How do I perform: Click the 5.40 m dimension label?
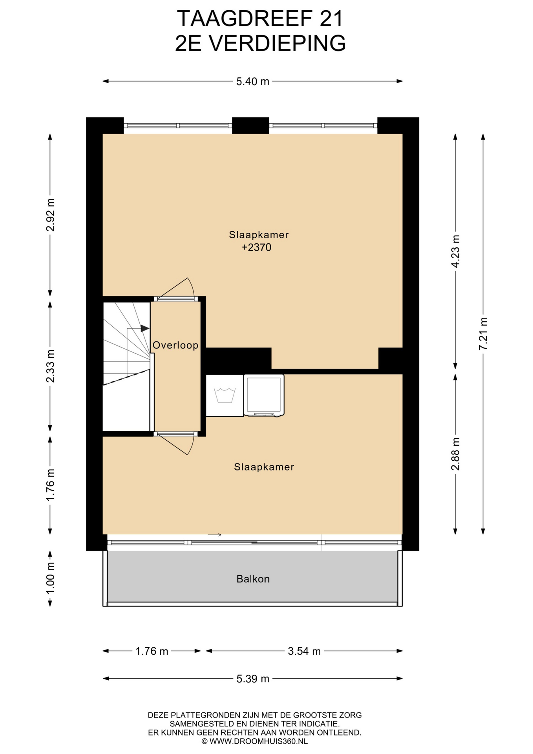(x=253, y=81)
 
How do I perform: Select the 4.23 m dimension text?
(x=455, y=251)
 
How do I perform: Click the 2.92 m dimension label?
(x=50, y=215)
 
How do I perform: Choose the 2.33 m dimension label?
(x=50, y=366)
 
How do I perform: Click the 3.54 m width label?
(x=304, y=651)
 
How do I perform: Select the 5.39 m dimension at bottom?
(x=253, y=679)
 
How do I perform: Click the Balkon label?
(x=253, y=579)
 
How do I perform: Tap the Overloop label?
(x=175, y=345)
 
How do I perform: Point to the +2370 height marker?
(x=257, y=247)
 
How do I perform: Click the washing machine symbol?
(x=225, y=395)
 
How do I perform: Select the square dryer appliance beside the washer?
(x=264, y=395)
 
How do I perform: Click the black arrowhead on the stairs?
(x=145, y=328)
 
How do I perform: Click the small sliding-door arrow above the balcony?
(x=215, y=535)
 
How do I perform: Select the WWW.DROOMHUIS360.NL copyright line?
(x=254, y=741)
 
